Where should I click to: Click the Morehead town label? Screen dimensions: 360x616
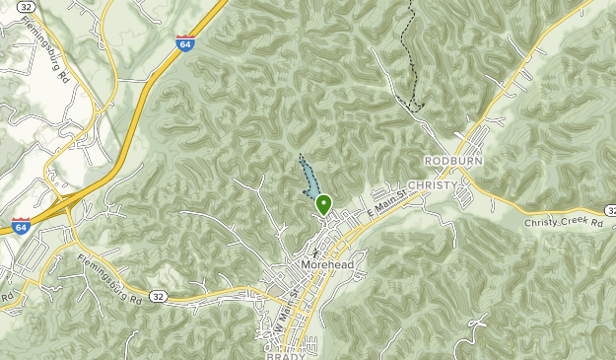(327, 268)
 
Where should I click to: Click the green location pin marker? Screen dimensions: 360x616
(323, 205)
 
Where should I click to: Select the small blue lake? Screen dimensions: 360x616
(308, 180)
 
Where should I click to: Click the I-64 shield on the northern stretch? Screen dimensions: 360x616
(184, 43)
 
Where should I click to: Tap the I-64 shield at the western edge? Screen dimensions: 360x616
(22, 226)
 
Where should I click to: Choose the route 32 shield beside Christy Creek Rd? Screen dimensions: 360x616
(610, 210)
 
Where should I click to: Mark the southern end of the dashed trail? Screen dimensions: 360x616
(418, 106)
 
